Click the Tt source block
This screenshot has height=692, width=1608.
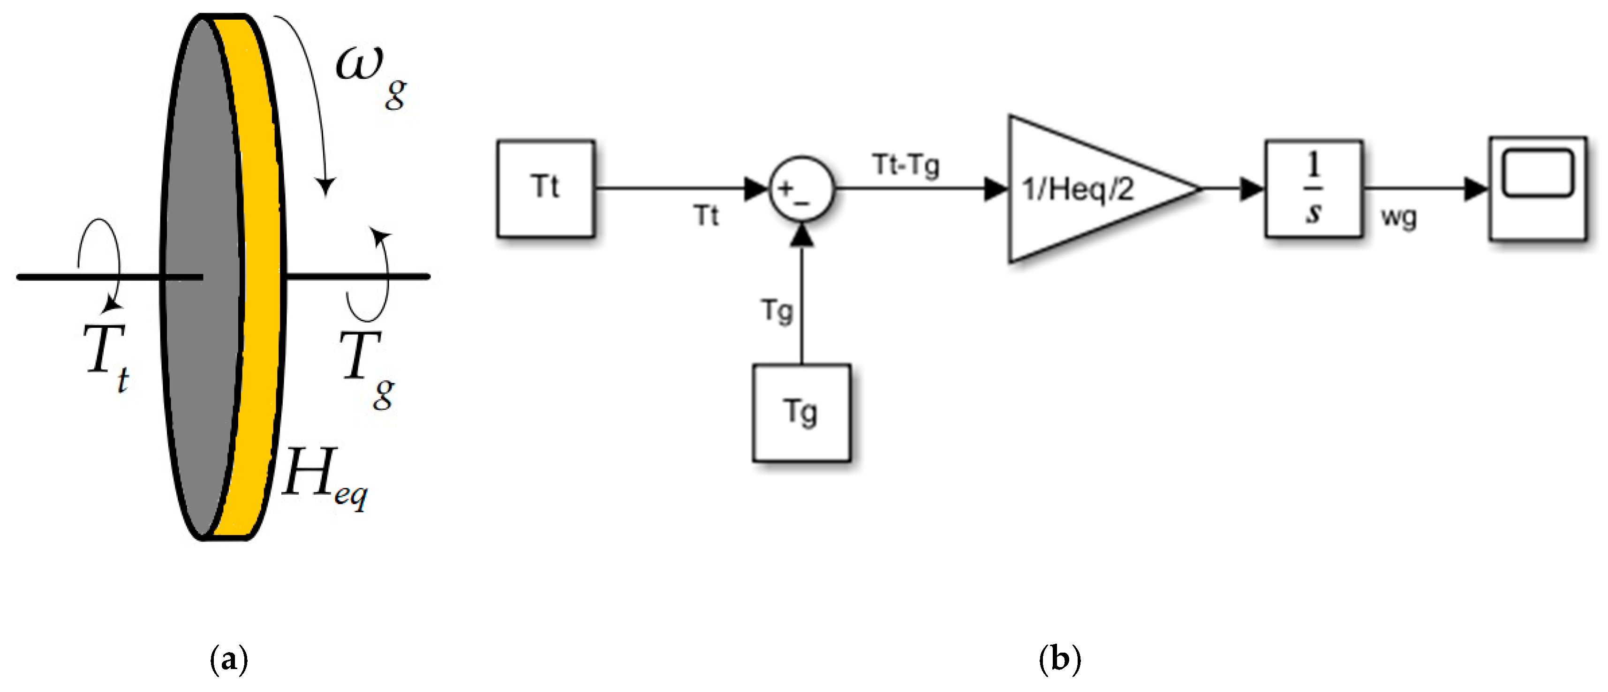545,188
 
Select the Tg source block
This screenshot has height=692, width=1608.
801,413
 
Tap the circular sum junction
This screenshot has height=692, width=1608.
801,188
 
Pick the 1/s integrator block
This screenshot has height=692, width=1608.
1314,188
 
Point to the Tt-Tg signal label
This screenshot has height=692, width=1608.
906,165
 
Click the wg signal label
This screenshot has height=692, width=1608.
1399,217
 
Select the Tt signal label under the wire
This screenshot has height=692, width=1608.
706,216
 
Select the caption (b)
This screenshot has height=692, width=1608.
1059,659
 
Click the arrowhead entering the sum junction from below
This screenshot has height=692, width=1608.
801,236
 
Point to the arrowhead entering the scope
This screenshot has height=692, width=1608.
1476,188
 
